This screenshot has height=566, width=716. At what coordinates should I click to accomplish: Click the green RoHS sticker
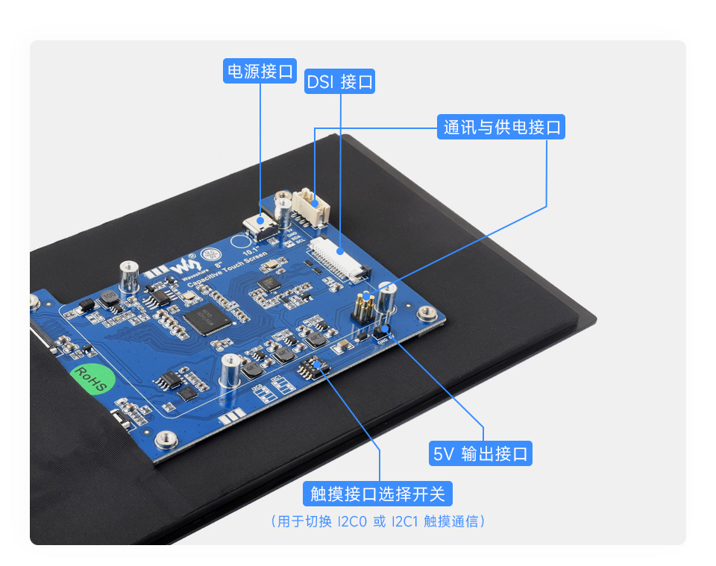point(90,379)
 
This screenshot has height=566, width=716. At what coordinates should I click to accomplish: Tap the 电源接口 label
point(260,72)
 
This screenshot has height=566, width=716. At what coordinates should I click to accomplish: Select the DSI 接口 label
point(340,81)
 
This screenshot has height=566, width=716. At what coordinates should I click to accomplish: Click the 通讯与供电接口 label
point(501,127)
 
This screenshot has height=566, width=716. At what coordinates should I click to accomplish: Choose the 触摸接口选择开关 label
point(378,493)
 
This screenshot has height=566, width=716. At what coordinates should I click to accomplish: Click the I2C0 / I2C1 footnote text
point(378,521)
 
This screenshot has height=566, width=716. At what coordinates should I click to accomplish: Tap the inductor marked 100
point(109,300)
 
